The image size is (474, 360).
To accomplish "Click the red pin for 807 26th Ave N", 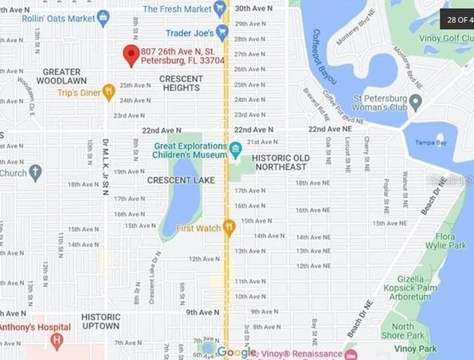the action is [x=131, y=55].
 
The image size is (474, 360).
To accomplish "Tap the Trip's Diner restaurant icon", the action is [x=109, y=93].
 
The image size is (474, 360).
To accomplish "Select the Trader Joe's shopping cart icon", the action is [x=222, y=32].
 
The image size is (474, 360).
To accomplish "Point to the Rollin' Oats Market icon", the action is [x=103, y=17].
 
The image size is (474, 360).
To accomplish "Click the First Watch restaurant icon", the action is [x=229, y=226].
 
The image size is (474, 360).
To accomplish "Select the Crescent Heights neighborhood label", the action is [x=181, y=83].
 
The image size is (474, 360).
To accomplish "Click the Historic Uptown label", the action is [x=100, y=321].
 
